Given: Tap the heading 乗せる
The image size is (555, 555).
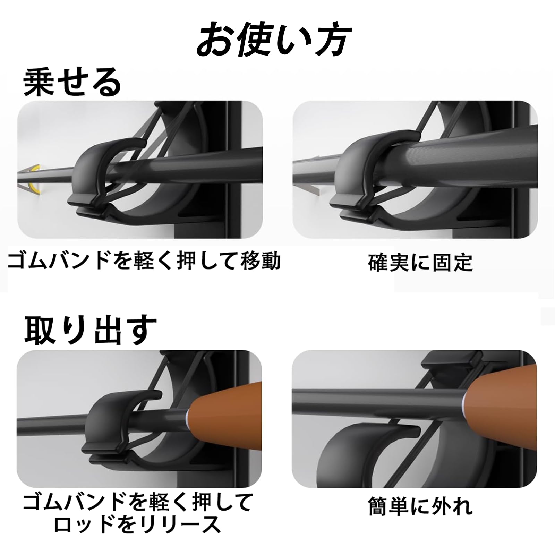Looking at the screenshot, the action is click(72, 83).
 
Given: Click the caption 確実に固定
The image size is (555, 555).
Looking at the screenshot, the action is click(420, 263).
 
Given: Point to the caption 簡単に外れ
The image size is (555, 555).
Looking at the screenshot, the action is click(420, 506).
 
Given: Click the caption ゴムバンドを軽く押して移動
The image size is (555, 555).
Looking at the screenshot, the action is click(144, 261).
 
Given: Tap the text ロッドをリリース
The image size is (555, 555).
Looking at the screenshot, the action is click(137, 524).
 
